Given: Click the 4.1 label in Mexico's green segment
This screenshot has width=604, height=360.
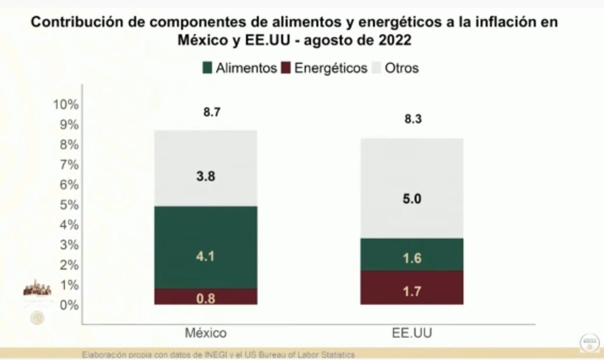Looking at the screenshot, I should click(206, 255).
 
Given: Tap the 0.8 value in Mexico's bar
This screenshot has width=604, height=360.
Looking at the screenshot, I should click(206, 299).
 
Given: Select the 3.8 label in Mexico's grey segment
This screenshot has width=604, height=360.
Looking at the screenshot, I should click(206, 177).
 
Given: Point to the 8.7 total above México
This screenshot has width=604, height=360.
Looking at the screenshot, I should click(211, 113).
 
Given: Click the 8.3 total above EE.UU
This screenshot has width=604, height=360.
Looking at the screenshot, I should click(412, 120).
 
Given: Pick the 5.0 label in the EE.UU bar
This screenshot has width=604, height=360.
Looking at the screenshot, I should click(411, 199).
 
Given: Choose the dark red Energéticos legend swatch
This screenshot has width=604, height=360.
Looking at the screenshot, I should click(286, 68).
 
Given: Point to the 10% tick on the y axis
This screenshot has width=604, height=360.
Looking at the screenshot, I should click(65, 105).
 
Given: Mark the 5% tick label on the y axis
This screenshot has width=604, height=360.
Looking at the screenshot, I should click(69, 204).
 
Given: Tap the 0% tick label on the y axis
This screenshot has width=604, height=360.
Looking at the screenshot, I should click(69, 304).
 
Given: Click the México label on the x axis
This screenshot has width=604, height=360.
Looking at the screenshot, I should click(206, 333).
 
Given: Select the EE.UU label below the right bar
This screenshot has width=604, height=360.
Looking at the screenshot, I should click(412, 333).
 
